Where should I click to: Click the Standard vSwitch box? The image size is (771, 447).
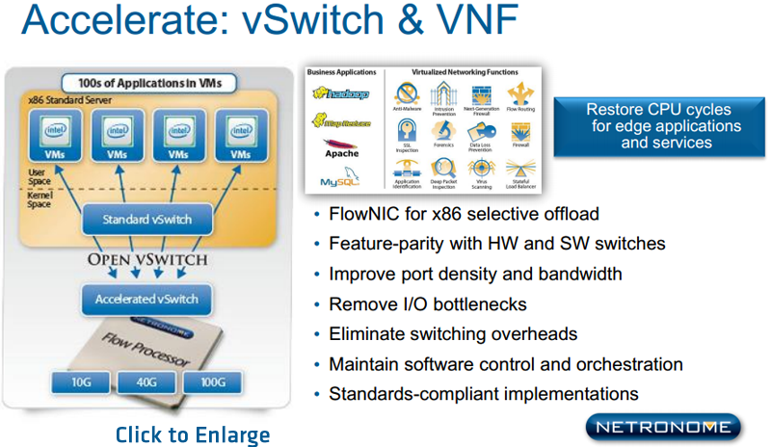(x=148, y=219)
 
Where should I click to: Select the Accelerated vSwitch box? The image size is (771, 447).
(x=146, y=299)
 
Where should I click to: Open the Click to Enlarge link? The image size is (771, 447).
(x=193, y=434)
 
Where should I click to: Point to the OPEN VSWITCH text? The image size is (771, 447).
(x=147, y=259)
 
